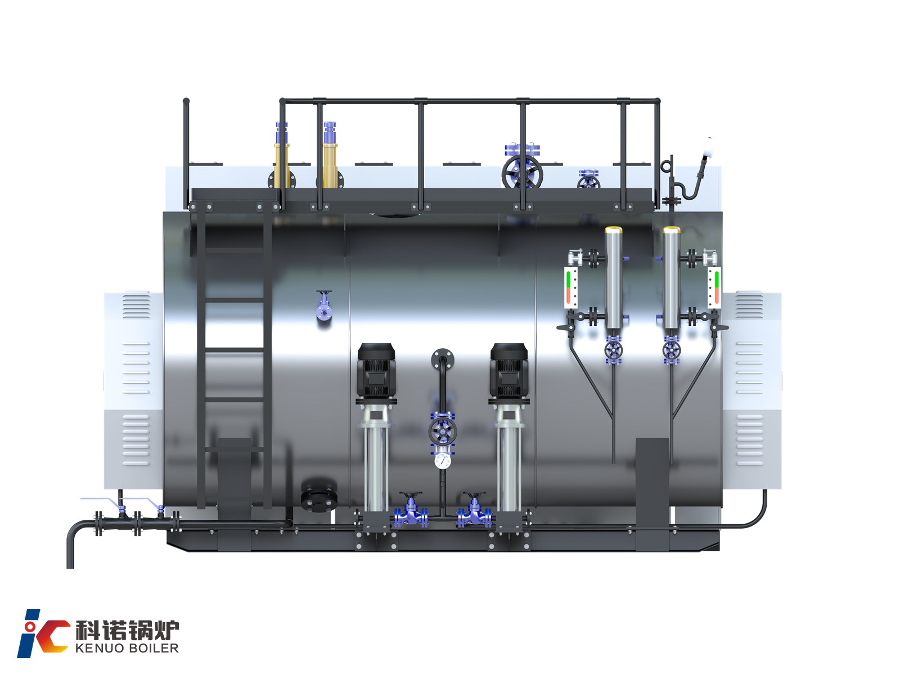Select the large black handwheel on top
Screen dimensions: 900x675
522,172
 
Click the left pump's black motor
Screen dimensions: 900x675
376,371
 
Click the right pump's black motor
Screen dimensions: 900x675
509,371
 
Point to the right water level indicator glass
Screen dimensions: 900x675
715,287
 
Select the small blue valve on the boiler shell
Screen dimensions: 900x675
325,306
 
